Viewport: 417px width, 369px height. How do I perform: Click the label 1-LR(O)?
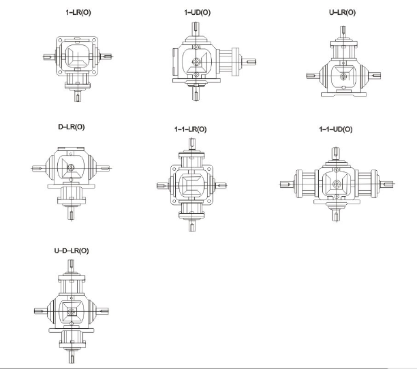78,12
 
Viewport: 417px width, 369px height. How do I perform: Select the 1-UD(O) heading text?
198,12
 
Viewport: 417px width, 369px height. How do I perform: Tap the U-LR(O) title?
342,12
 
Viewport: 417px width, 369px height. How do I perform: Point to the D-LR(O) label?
72,127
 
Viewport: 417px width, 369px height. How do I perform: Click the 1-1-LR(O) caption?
190,129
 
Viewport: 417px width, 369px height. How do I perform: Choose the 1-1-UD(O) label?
336,129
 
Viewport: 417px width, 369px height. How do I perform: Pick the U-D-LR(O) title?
72,251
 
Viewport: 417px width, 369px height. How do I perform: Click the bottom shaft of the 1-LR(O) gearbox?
78,96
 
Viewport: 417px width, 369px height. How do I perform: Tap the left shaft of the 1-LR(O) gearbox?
50,57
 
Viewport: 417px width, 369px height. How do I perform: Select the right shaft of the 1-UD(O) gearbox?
249,62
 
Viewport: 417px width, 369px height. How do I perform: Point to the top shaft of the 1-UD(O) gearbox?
196,29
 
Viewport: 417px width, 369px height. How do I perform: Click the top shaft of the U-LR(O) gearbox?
343,32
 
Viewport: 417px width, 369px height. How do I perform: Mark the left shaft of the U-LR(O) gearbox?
313,76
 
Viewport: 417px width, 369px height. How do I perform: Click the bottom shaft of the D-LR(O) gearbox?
72,213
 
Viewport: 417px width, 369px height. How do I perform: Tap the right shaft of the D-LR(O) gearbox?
103,168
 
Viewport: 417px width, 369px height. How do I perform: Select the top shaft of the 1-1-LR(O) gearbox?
192,144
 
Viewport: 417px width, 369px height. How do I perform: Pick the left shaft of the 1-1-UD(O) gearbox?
288,184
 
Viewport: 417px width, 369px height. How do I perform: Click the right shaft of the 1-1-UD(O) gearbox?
387,184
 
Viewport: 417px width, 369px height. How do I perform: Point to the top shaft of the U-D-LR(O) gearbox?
72,266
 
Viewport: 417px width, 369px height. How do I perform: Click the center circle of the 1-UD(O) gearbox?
196,62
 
